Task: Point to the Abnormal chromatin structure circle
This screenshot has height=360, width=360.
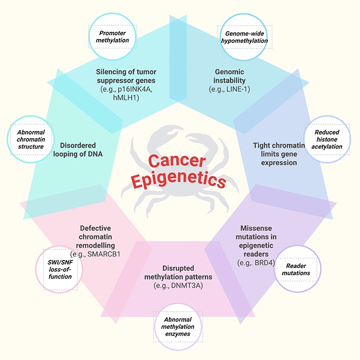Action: [x=33, y=140]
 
